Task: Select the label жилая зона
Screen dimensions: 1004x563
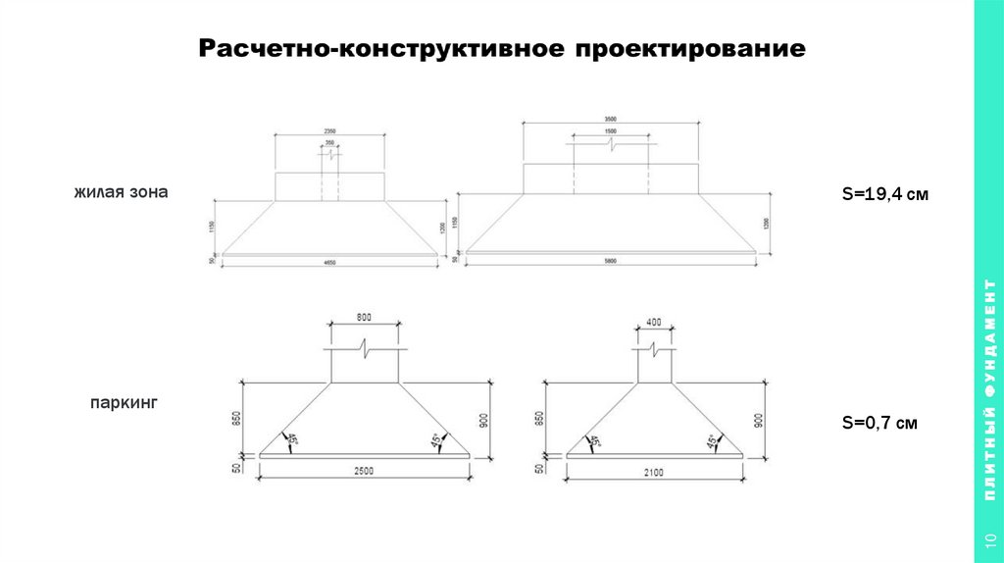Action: pos(120,192)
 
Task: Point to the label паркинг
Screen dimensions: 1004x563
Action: pos(124,402)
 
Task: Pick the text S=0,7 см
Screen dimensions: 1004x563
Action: pos(879,424)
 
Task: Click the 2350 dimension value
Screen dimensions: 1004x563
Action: pos(329,130)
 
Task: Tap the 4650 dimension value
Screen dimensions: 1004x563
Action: pos(329,263)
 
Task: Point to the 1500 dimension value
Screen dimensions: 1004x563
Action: pos(611,131)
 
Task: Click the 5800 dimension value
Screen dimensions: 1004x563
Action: pos(611,263)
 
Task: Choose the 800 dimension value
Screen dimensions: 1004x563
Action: pos(364,317)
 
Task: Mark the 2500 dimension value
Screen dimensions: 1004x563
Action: pos(364,472)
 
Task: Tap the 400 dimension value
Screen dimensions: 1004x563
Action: pos(655,322)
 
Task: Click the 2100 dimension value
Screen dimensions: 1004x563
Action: pos(654,472)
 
